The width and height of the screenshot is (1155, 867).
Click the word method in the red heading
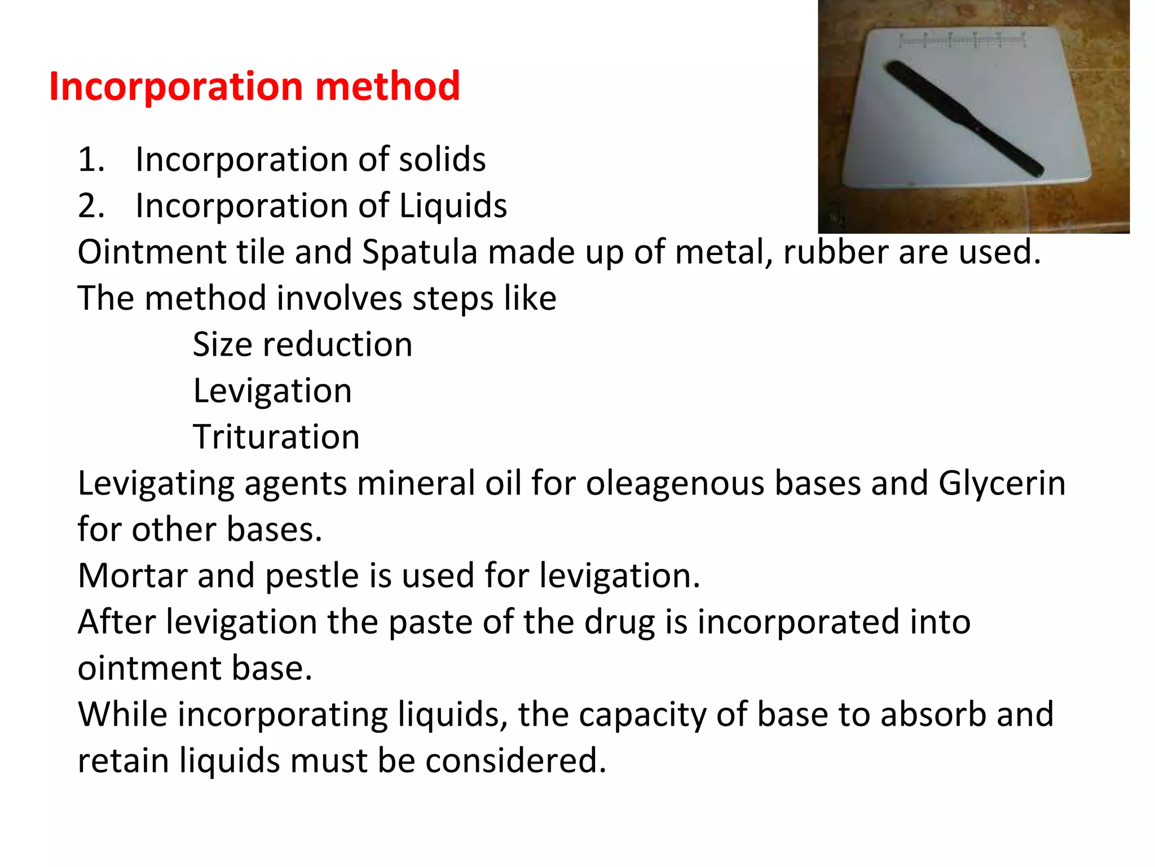point(387,87)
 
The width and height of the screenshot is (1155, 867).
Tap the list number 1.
point(91,160)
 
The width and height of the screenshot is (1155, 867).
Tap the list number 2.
point(91,206)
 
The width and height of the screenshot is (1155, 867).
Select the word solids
point(442,160)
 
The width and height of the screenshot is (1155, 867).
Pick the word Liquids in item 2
point(453,206)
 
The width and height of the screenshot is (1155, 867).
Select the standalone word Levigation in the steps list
point(272,391)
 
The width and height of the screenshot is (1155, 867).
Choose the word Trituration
point(276,437)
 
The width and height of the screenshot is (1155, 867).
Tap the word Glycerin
point(1002,484)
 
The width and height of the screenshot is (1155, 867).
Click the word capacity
point(642,715)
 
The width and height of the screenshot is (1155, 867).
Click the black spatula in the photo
point(964,119)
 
